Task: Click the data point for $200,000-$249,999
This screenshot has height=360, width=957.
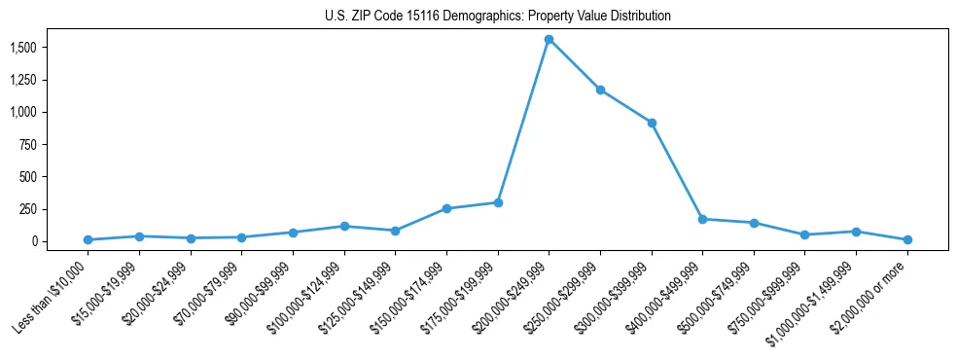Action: pos(549,40)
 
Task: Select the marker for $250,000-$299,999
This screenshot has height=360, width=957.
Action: pos(601,90)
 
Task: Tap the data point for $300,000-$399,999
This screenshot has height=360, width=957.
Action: pos(652,123)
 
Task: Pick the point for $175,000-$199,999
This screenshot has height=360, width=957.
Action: pos(498,202)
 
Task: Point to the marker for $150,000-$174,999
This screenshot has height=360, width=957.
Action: pos(446,208)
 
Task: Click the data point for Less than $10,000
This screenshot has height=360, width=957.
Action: pos(89,239)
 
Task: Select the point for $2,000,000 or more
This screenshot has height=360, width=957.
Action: pos(907,239)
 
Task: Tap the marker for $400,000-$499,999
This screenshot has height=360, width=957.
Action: pos(703,219)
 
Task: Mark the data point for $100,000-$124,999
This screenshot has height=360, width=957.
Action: pos(344,226)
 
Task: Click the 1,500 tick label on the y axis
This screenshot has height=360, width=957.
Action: pos(23,48)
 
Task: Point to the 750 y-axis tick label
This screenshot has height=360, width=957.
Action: pos(29,144)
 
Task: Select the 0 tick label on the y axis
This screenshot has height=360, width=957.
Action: pos(36,241)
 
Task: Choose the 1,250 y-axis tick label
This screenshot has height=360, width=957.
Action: pos(23,80)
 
